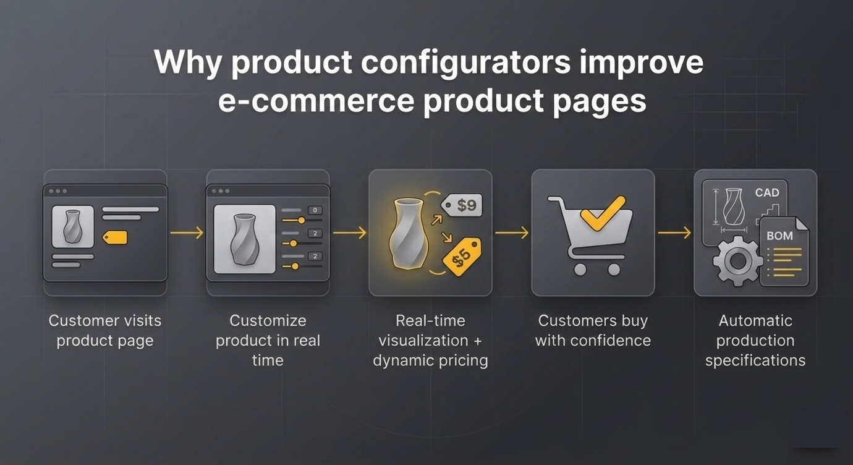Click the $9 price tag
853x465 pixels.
pyautogui.click(x=462, y=205)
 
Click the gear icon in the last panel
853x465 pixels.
pyautogui.click(x=737, y=261)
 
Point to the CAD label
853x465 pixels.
pyautogui.click(x=767, y=193)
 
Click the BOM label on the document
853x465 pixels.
pyautogui.click(x=779, y=236)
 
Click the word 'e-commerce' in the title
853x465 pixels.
pyautogui.click(x=316, y=101)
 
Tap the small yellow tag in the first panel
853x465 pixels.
pyautogui.click(x=114, y=237)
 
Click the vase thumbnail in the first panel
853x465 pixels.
pyautogui.click(x=73, y=226)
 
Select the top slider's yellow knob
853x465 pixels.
pyautogui.click(x=302, y=220)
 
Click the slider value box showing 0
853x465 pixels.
pyautogui.click(x=315, y=210)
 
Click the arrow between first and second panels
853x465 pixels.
pyautogui.click(x=187, y=232)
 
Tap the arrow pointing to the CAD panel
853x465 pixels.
pyautogui.click(x=674, y=232)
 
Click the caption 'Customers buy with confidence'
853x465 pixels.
pyautogui.click(x=593, y=331)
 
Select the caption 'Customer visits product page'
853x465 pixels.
pyautogui.click(x=105, y=331)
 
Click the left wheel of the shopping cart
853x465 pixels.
pyautogui.click(x=580, y=270)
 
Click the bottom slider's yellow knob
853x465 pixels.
pyautogui.click(x=295, y=267)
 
